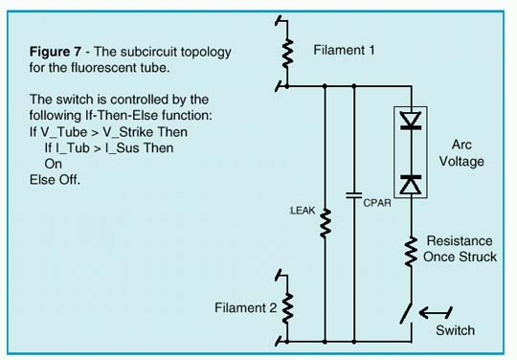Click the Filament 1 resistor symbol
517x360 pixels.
click(x=286, y=51)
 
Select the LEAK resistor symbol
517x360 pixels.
click(x=326, y=223)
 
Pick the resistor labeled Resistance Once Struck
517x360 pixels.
click(x=412, y=250)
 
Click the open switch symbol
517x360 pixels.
click(x=410, y=313)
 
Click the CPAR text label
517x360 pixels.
click(x=375, y=201)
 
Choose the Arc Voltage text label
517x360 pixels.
click(x=468, y=153)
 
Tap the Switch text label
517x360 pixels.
click(x=455, y=330)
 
